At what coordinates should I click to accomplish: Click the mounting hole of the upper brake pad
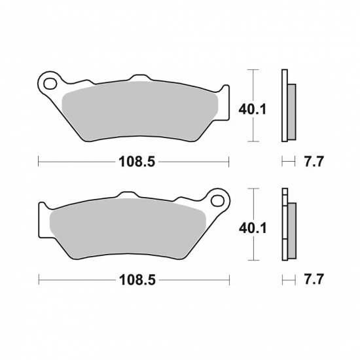pyautogui.click(x=50, y=84)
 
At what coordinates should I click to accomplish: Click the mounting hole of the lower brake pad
pyautogui.click(x=217, y=200)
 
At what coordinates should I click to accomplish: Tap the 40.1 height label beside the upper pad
pyautogui.click(x=252, y=110)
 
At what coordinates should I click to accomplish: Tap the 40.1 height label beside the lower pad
pyautogui.click(x=253, y=228)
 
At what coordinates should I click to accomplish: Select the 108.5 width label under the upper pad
pyautogui.click(x=137, y=162)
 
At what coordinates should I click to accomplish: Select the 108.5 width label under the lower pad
pyautogui.click(x=137, y=280)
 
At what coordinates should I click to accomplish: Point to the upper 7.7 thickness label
pyautogui.click(x=314, y=162)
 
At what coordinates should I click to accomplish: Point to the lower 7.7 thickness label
pyautogui.click(x=314, y=279)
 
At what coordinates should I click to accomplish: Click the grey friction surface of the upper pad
pyautogui.click(x=140, y=110)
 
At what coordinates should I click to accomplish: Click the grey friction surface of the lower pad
pyautogui.click(x=128, y=228)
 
